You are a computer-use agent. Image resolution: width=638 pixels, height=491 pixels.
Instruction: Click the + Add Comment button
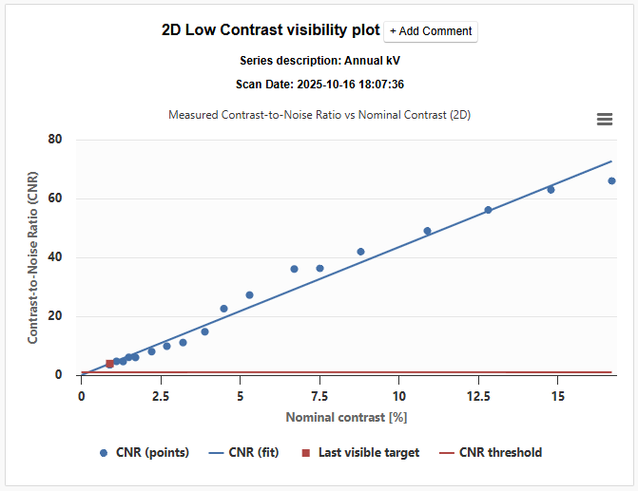(x=431, y=31)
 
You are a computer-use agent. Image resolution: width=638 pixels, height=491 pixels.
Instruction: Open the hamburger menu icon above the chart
(x=604, y=119)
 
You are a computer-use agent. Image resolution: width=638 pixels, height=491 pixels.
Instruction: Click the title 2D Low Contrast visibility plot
(x=271, y=29)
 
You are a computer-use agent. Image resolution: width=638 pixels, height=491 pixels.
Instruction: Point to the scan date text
(x=319, y=85)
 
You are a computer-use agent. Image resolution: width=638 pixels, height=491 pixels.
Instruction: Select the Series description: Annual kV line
(x=319, y=60)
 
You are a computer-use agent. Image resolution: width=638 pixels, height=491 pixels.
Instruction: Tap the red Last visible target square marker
(x=109, y=364)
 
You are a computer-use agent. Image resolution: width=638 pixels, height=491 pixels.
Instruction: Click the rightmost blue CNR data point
(x=611, y=180)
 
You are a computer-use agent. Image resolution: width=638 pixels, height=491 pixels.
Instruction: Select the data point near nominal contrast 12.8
(x=488, y=210)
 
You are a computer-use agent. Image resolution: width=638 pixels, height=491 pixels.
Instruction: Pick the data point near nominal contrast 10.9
(x=427, y=231)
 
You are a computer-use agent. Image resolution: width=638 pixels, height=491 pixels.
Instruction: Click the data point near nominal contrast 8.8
(x=360, y=252)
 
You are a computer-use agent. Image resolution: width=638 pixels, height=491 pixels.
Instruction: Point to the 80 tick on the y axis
(x=55, y=140)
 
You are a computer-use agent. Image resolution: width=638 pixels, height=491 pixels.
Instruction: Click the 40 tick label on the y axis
(x=55, y=257)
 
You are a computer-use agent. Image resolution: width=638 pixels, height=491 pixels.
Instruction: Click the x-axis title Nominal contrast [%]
(x=346, y=417)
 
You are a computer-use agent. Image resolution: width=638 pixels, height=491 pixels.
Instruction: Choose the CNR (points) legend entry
(x=144, y=453)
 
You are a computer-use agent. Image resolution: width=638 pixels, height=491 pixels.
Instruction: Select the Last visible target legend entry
(x=359, y=453)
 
